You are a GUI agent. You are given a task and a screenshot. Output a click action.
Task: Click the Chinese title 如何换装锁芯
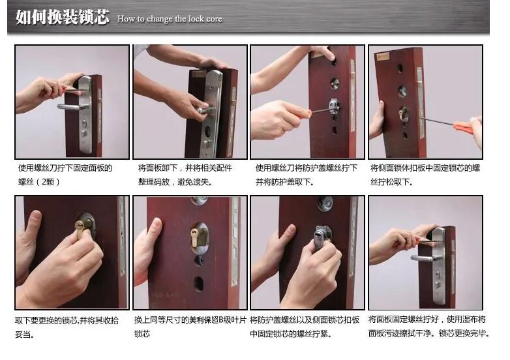(62, 17)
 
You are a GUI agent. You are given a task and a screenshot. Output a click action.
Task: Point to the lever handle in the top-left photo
(70, 106)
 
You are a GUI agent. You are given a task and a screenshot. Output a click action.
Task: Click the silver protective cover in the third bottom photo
(320, 235)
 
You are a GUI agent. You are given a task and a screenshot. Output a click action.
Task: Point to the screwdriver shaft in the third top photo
(319, 110)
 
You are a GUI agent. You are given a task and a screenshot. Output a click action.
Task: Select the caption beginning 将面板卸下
(185, 175)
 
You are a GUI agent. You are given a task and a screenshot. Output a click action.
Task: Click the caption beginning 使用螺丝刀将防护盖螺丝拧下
(306, 175)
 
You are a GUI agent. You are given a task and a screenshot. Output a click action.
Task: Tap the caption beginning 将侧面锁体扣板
(425, 175)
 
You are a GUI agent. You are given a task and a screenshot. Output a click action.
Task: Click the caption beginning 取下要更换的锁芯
(67, 327)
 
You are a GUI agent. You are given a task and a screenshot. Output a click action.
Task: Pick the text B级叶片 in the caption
(231, 320)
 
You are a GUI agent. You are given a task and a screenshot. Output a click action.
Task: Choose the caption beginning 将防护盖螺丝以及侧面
(305, 327)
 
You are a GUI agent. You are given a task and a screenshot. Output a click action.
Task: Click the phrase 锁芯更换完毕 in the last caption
(463, 333)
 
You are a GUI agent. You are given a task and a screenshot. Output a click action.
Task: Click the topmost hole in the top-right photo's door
(400, 67)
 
